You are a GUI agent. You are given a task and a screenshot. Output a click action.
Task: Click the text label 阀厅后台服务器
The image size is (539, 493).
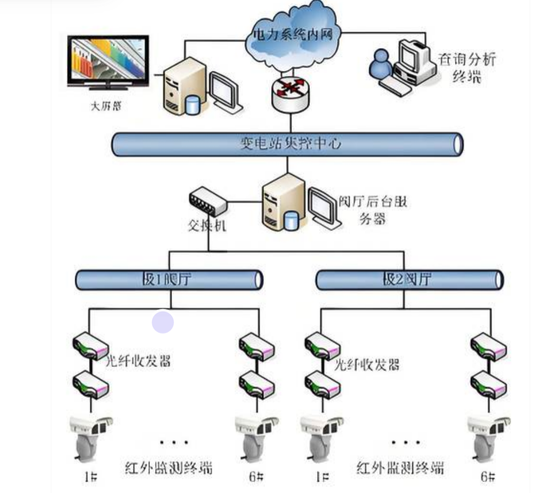(x=376, y=210)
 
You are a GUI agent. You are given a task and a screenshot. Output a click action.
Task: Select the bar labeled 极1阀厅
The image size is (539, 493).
(x=169, y=280)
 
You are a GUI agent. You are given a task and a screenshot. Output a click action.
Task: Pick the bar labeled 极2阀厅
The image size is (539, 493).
(x=409, y=280)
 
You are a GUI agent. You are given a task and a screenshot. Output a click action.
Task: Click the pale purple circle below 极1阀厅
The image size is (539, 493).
(x=163, y=322)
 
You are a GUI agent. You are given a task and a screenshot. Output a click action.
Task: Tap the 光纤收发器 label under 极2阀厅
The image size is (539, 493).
(x=366, y=365)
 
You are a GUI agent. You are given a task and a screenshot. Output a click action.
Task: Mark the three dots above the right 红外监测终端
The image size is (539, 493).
(x=406, y=442)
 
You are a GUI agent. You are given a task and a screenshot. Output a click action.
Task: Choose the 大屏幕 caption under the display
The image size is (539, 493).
(x=105, y=106)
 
